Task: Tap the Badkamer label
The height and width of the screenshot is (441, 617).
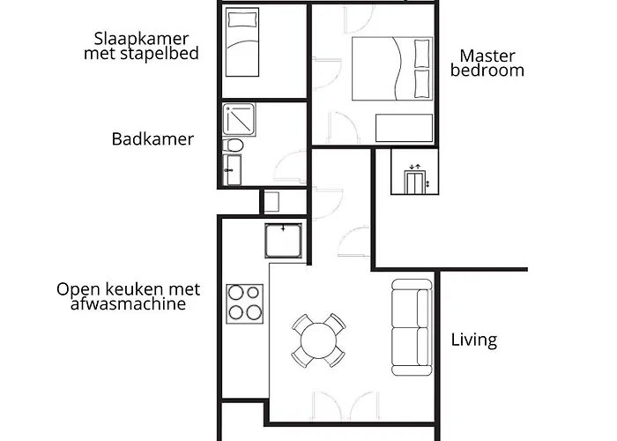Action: [152, 139]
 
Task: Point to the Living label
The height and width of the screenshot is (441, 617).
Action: [474, 340]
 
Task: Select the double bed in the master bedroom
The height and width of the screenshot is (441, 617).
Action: [392, 69]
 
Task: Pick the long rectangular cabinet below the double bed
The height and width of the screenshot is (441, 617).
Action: [405, 128]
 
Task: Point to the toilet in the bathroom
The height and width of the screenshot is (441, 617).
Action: [234, 145]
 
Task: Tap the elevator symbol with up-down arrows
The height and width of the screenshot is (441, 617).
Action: [413, 180]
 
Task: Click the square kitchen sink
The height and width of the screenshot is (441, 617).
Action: [284, 240]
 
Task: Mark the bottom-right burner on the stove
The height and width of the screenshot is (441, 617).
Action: [255, 312]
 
